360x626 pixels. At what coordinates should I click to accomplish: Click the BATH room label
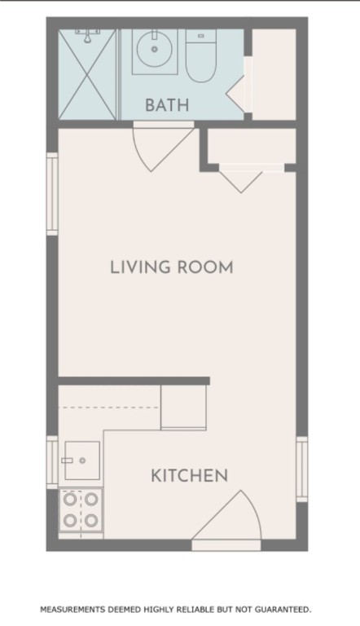pyautogui.click(x=167, y=105)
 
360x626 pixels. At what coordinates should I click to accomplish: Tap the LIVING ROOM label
pyautogui.click(x=172, y=267)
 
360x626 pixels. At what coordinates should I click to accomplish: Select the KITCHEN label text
pyautogui.click(x=189, y=475)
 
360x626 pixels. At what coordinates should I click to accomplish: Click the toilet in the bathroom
pyautogui.click(x=200, y=55)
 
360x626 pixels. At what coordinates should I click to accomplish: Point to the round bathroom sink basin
pyautogui.click(x=155, y=50)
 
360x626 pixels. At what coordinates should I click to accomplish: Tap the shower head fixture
pyautogui.click(x=87, y=35)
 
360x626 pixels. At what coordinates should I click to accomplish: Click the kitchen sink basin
pyautogui.click(x=82, y=461)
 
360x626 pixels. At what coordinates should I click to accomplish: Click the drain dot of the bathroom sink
pyautogui.click(x=155, y=50)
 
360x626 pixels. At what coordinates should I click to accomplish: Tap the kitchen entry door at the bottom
pyautogui.click(x=226, y=520)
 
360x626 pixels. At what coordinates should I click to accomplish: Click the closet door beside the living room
pyautogui.click(x=241, y=179)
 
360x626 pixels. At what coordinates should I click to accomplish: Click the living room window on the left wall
pyautogui.click(x=52, y=194)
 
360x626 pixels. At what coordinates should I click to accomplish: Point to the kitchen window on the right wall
pyautogui.click(x=301, y=469)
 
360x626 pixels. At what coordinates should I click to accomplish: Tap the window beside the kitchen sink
pyautogui.click(x=52, y=462)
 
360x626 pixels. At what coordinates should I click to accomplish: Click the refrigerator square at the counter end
pyautogui.click(x=183, y=408)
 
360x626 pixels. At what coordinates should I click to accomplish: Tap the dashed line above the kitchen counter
pyautogui.click(x=108, y=408)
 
